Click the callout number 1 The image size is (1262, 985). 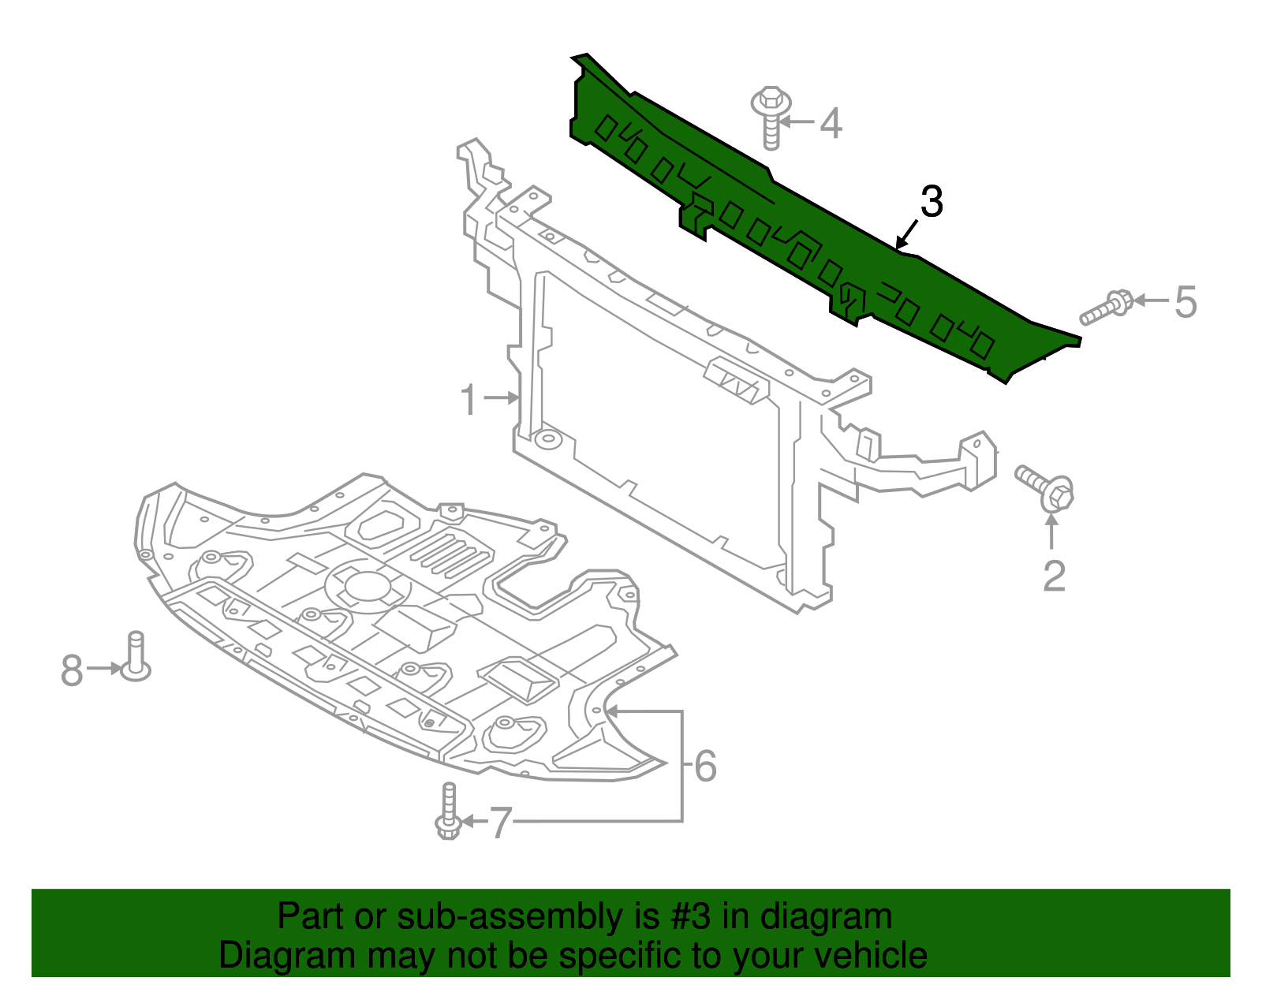click(469, 399)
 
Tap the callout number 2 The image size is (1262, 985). click(1054, 576)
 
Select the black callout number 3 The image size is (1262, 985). click(932, 202)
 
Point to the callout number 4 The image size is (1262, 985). click(831, 124)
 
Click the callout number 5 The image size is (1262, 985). click(1185, 302)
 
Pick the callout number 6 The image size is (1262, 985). click(705, 766)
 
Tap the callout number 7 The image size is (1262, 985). click(501, 823)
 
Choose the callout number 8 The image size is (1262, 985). click(72, 670)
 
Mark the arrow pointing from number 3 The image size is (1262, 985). click(908, 234)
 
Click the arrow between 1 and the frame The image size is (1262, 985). click(502, 398)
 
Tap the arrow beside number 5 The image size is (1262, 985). click(1151, 300)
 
